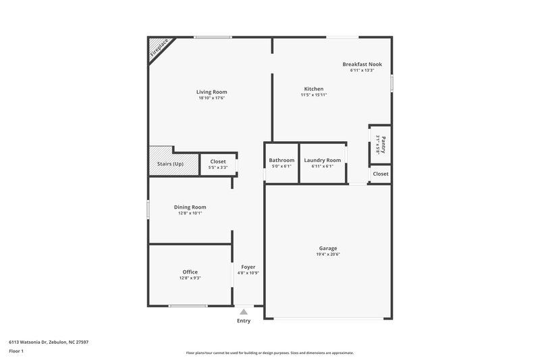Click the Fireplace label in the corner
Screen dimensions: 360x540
tap(160, 49)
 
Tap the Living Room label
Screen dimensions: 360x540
tap(211, 92)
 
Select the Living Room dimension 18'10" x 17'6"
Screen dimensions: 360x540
tap(211, 99)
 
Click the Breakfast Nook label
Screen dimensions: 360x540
tap(362, 64)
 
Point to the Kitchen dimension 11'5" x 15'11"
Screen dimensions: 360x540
tap(313, 95)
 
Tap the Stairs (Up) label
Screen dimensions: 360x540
tap(169, 164)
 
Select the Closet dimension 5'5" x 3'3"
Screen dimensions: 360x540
tap(218, 168)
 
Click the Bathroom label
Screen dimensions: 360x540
tap(281, 160)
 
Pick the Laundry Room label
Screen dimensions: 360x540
tap(322, 160)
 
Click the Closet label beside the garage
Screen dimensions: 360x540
tap(381, 174)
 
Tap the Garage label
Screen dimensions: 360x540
tap(328, 248)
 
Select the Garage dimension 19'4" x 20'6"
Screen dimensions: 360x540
tap(328, 255)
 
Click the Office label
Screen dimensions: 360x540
tap(190, 272)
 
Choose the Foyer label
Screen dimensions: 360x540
tap(248, 267)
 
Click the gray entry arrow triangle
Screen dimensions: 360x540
tap(244, 311)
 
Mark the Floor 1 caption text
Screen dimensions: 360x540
tap(17, 352)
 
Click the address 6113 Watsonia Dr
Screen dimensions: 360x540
tap(34, 342)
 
